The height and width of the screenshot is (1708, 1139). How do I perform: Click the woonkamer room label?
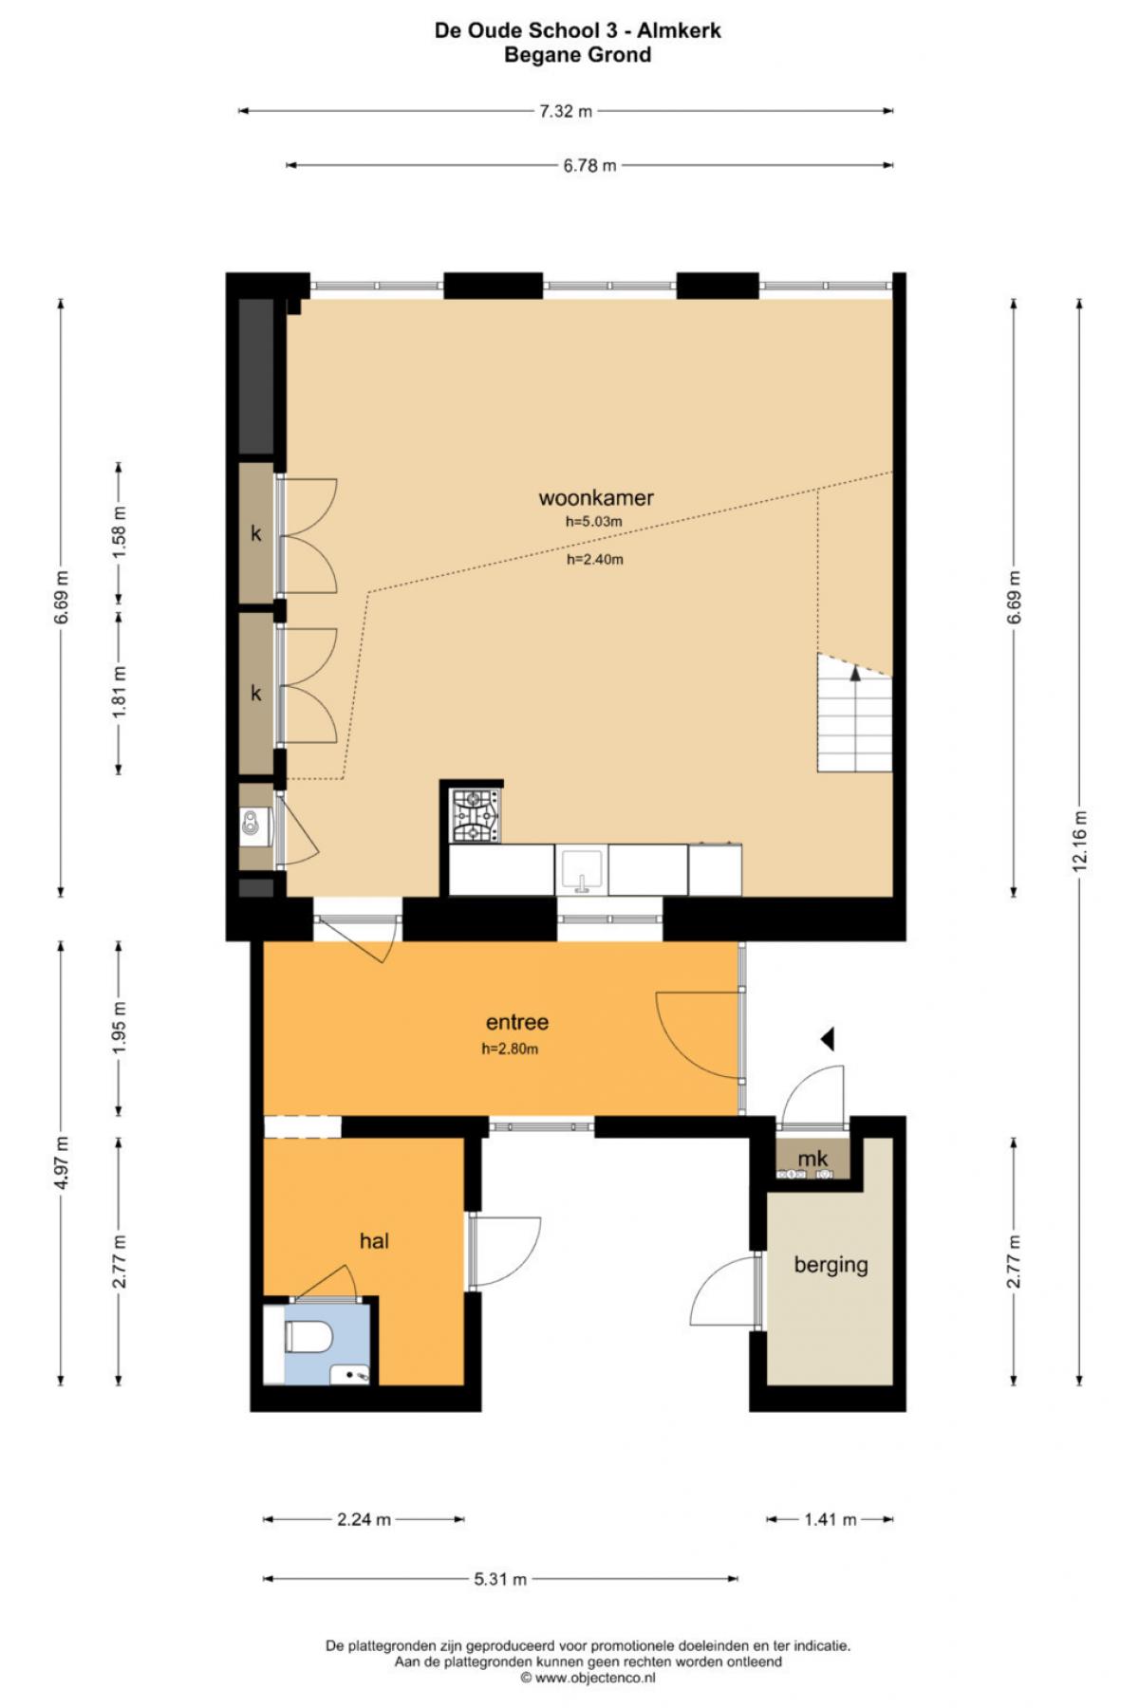[596, 498]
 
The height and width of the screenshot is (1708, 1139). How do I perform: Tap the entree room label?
[517, 1023]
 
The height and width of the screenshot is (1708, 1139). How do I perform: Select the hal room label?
[374, 1241]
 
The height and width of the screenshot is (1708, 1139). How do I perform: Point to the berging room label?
[831, 1265]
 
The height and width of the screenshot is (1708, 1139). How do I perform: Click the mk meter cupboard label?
[812, 1159]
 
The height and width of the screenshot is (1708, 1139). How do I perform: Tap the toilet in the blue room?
[308, 1338]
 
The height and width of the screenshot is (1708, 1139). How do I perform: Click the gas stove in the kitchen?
[476, 816]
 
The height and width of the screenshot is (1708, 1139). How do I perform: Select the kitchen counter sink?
[582, 870]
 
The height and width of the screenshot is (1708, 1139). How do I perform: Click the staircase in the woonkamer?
[854, 713]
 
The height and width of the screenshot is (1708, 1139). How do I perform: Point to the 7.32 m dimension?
[566, 111]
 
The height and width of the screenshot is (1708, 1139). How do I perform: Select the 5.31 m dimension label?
[500, 1579]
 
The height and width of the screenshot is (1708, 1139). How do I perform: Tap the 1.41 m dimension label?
[831, 1519]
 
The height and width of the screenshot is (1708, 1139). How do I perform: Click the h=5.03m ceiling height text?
[594, 522]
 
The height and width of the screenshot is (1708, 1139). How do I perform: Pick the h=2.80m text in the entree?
[510, 1049]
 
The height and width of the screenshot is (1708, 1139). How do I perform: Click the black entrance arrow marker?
[828, 1039]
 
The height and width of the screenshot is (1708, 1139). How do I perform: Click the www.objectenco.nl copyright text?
[588, 1677]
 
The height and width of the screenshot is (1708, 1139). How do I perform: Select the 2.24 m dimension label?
[364, 1519]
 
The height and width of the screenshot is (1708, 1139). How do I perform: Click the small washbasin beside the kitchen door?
[254, 822]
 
